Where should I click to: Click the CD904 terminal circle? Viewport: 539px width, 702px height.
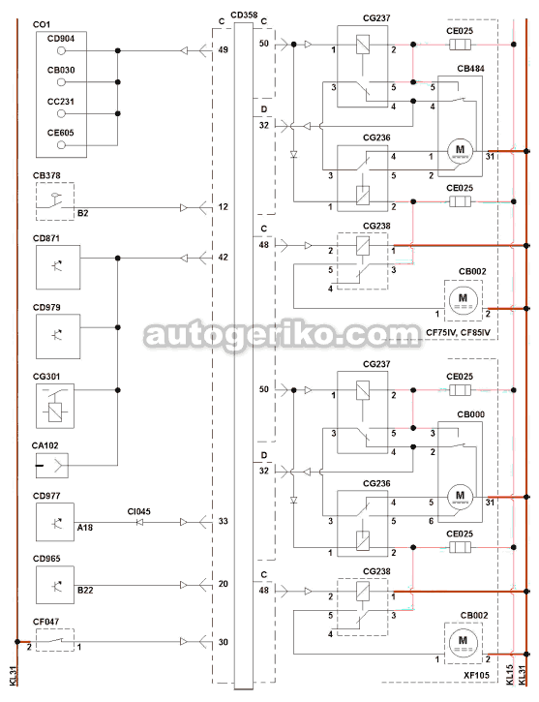(x=61, y=51)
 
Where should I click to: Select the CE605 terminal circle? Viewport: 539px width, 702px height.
(x=61, y=145)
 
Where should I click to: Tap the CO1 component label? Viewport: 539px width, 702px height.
(x=42, y=24)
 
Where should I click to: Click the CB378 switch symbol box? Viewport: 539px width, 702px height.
(x=55, y=201)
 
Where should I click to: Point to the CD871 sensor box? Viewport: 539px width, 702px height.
(x=58, y=267)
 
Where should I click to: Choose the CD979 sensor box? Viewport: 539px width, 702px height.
(x=58, y=336)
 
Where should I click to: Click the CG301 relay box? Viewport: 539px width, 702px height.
(x=55, y=406)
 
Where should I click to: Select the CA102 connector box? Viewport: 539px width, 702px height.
(x=52, y=466)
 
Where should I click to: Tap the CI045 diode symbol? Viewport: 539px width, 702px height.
(x=139, y=522)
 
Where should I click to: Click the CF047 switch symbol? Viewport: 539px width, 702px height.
(x=55, y=640)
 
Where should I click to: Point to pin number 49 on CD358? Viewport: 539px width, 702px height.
(x=224, y=49)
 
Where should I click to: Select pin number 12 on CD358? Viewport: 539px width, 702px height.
(x=224, y=207)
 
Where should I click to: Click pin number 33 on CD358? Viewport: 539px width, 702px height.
(x=224, y=521)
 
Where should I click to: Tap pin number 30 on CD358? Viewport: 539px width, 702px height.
(x=224, y=642)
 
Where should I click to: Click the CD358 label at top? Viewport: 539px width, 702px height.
(x=244, y=15)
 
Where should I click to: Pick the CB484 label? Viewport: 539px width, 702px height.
(x=470, y=69)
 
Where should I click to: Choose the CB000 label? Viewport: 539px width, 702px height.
(x=470, y=414)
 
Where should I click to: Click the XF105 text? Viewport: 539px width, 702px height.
(x=476, y=675)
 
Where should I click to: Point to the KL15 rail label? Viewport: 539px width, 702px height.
(x=509, y=674)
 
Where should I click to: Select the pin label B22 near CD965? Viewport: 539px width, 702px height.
(x=85, y=590)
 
